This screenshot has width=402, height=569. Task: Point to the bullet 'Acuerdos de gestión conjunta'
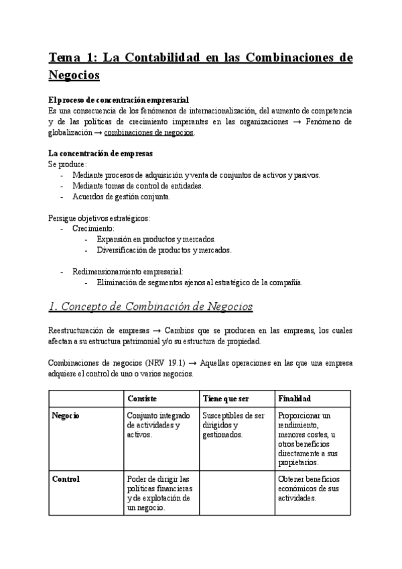coord(121,197)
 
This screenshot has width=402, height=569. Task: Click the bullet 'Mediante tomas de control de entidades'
coord(137,186)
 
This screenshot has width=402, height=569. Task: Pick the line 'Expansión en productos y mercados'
coord(156,239)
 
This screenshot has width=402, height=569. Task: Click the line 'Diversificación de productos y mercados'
coord(164,250)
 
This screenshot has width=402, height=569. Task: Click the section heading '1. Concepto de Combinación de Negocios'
coord(151,307)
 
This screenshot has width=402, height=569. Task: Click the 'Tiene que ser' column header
coord(226,398)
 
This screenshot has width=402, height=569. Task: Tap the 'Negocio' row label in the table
coord(66,415)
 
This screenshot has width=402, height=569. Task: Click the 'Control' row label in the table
coord(65,479)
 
